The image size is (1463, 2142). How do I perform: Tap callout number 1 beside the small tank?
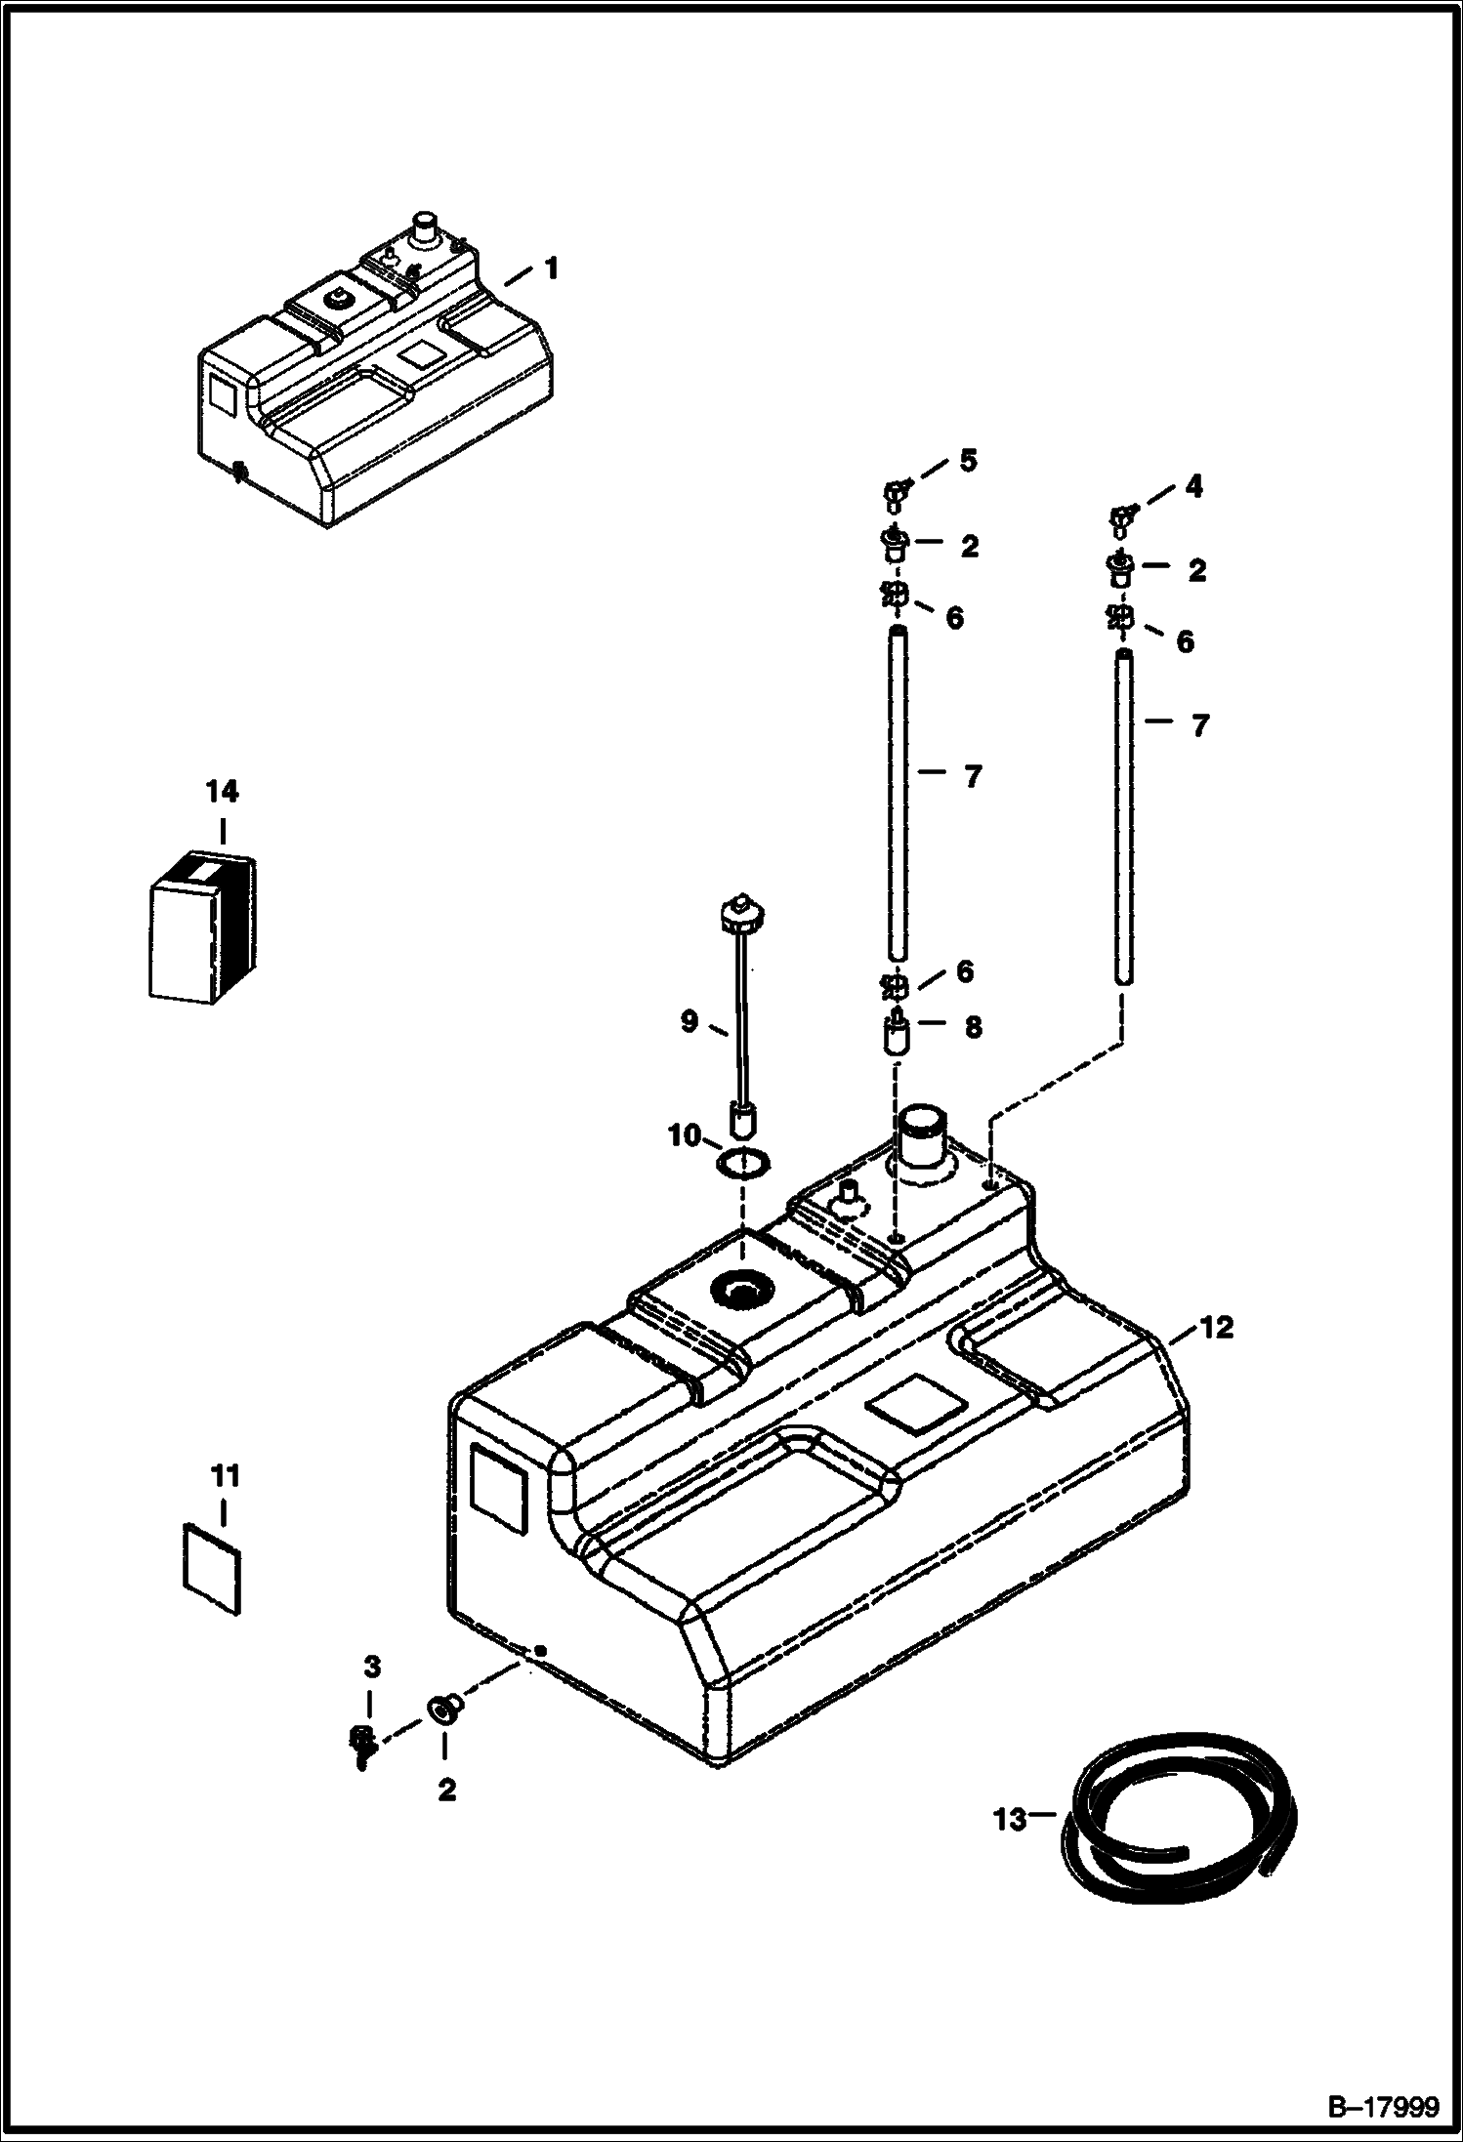tap(552, 268)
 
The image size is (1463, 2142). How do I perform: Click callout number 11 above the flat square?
tap(226, 1504)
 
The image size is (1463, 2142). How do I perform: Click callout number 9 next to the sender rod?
tap(689, 1021)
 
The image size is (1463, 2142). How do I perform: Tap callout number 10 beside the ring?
tap(686, 1134)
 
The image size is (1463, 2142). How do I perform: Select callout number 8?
tap(973, 1027)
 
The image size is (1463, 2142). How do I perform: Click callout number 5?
tap(968, 461)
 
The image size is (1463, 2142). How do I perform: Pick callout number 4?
tap(1193, 486)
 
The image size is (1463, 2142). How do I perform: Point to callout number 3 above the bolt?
tap(371, 1667)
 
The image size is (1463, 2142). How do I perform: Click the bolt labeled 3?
tap(361, 1738)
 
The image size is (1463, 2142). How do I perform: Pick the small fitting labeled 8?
tap(897, 1033)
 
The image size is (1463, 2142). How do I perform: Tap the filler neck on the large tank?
tap(922, 1140)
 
